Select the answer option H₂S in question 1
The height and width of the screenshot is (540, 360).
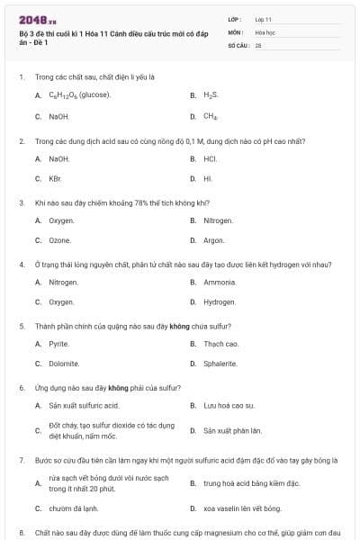[211, 94]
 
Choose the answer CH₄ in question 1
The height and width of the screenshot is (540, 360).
[211, 116]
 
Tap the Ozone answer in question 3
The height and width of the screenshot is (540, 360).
[60, 240]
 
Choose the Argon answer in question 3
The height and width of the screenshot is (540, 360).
[213, 240]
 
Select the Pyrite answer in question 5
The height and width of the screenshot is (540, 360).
[58, 344]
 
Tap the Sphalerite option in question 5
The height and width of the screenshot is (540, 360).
[220, 364]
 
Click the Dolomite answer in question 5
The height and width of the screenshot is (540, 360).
[63, 364]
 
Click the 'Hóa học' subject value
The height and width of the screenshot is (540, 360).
[265, 31]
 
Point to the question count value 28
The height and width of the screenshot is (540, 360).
[258, 45]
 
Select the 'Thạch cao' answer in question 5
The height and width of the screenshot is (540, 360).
[220, 344]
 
